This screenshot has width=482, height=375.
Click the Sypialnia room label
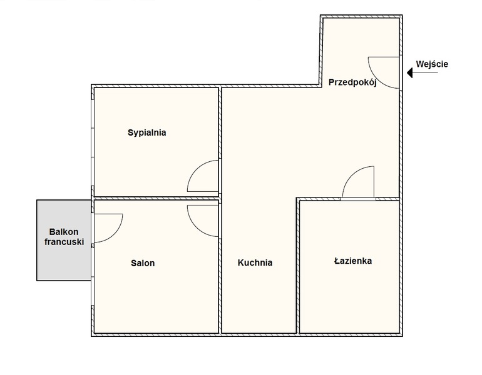coord(147,132)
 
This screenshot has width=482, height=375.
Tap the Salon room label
coord(143,263)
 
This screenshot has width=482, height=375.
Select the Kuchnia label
coord(255,262)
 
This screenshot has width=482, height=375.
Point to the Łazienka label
coord(353,261)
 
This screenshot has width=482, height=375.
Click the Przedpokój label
coord(352,82)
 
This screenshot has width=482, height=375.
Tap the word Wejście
coord(432,64)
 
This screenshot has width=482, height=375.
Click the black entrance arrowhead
coord(410,73)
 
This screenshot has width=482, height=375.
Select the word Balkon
coord(64,232)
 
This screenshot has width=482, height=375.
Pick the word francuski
coord(64,242)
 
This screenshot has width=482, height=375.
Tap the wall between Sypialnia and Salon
coord(156,198)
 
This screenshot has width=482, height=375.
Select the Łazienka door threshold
coord(358,199)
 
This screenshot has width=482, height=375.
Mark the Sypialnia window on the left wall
coord(92,142)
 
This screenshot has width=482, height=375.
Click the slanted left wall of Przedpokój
coord(321,51)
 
